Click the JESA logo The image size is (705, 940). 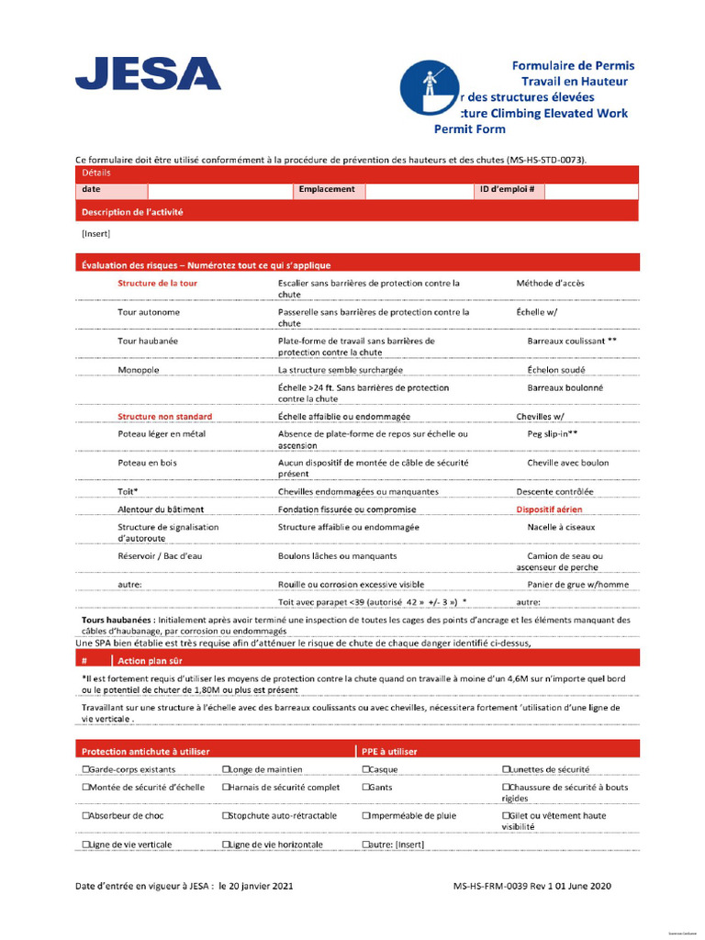[148, 73]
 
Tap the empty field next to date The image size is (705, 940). [219, 190]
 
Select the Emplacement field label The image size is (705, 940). [326, 190]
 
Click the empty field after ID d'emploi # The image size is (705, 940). [591, 190]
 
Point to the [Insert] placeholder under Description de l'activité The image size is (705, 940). [95, 233]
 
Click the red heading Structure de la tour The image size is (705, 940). [157, 284]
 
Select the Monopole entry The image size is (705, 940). [139, 370]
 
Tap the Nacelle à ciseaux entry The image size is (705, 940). [561, 527]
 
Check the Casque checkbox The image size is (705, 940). [366, 769]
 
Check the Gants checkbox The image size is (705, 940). [366, 788]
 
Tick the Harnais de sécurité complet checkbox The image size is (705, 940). [226, 788]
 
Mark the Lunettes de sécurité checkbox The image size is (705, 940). [506, 769]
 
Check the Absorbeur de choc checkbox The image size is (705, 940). [85, 815]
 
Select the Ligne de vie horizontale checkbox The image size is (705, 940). [226, 845]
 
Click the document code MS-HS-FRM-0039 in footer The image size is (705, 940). [499, 887]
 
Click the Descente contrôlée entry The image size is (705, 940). [554, 491]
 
